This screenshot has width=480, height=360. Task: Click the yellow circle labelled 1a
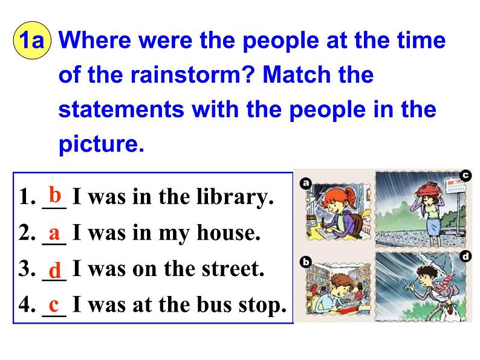click(x=32, y=42)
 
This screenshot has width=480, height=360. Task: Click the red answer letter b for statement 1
click(x=55, y=195)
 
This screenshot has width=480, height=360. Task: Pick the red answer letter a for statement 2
click(x=54, y=231)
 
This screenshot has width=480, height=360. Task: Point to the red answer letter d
click(x=54, y=268)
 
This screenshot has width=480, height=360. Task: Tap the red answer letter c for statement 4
click(x=54, y=303)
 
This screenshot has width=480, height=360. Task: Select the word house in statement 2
click(x=229, y=233)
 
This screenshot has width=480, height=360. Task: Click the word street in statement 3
click(x=232, y=269)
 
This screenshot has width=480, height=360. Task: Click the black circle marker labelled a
click(x=305, y=182)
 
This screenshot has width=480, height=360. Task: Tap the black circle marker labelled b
click(x=305, y=262)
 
